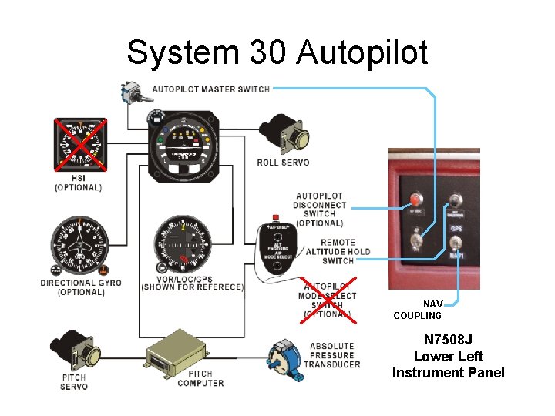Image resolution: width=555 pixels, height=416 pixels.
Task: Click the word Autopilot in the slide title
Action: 362,54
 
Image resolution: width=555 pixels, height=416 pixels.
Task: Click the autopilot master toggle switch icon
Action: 130,92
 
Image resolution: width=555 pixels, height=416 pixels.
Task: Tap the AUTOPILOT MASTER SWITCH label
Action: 210,89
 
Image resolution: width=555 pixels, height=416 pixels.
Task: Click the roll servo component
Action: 284,136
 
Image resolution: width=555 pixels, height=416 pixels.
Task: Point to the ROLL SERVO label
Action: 283,163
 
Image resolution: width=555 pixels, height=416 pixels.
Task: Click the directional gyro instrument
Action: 79,247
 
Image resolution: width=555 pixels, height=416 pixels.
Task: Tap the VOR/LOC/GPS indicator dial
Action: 183,247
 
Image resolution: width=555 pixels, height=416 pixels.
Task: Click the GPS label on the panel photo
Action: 456,230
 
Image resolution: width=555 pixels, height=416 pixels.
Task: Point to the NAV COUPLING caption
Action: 418,310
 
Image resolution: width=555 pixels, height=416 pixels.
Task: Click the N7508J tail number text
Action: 448,339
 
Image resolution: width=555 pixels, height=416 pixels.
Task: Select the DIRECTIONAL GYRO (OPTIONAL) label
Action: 80,287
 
